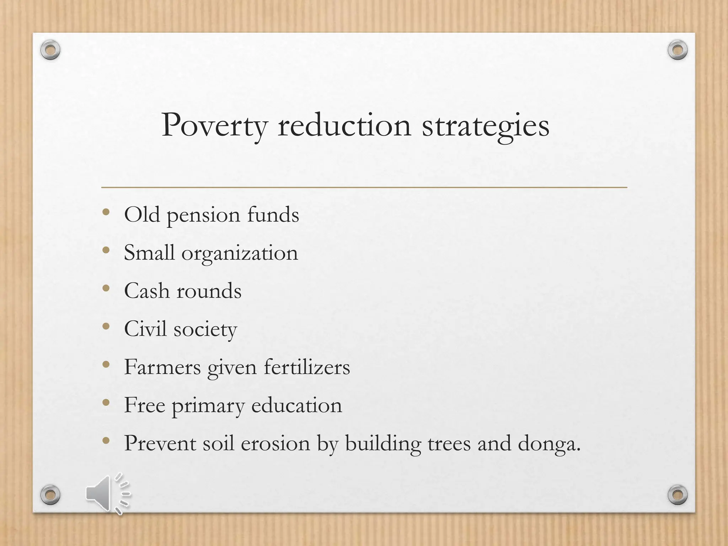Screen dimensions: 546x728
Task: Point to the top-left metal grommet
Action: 50,50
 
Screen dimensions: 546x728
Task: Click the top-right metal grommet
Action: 678,50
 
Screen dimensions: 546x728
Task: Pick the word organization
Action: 240,253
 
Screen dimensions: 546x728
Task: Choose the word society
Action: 205,330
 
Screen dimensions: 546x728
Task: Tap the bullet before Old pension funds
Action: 106,213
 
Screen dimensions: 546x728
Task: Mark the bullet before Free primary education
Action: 106,403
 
